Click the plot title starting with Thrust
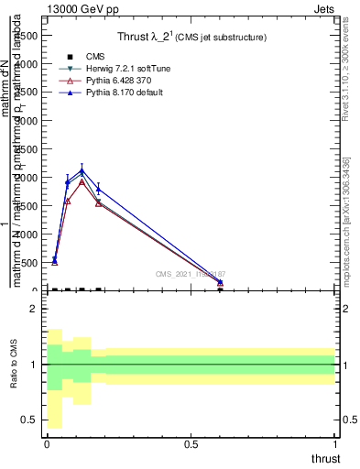click(191, 38)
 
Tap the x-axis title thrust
click(325, 458)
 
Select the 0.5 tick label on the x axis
click(191, 443)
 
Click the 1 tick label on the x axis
click(335, 443)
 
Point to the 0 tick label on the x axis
click(47, 443)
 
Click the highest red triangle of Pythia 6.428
click(82, 181)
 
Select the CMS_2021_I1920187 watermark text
click(191, 274)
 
